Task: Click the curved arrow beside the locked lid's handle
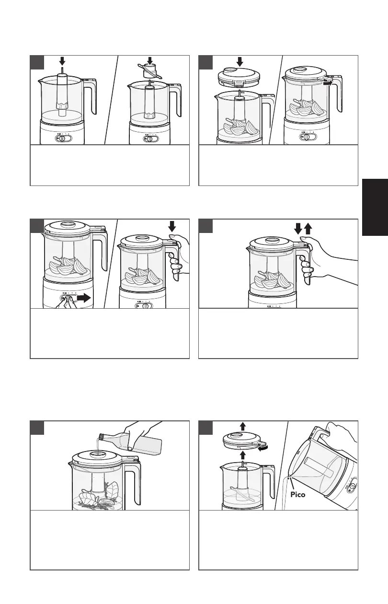[x=327, y=82]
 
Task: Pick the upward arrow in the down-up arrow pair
[x=308, y=228]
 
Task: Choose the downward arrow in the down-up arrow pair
[x=297, y=228]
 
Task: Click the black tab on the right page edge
[x=375, y=207]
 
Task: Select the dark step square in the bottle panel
[x=38, y=428]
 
